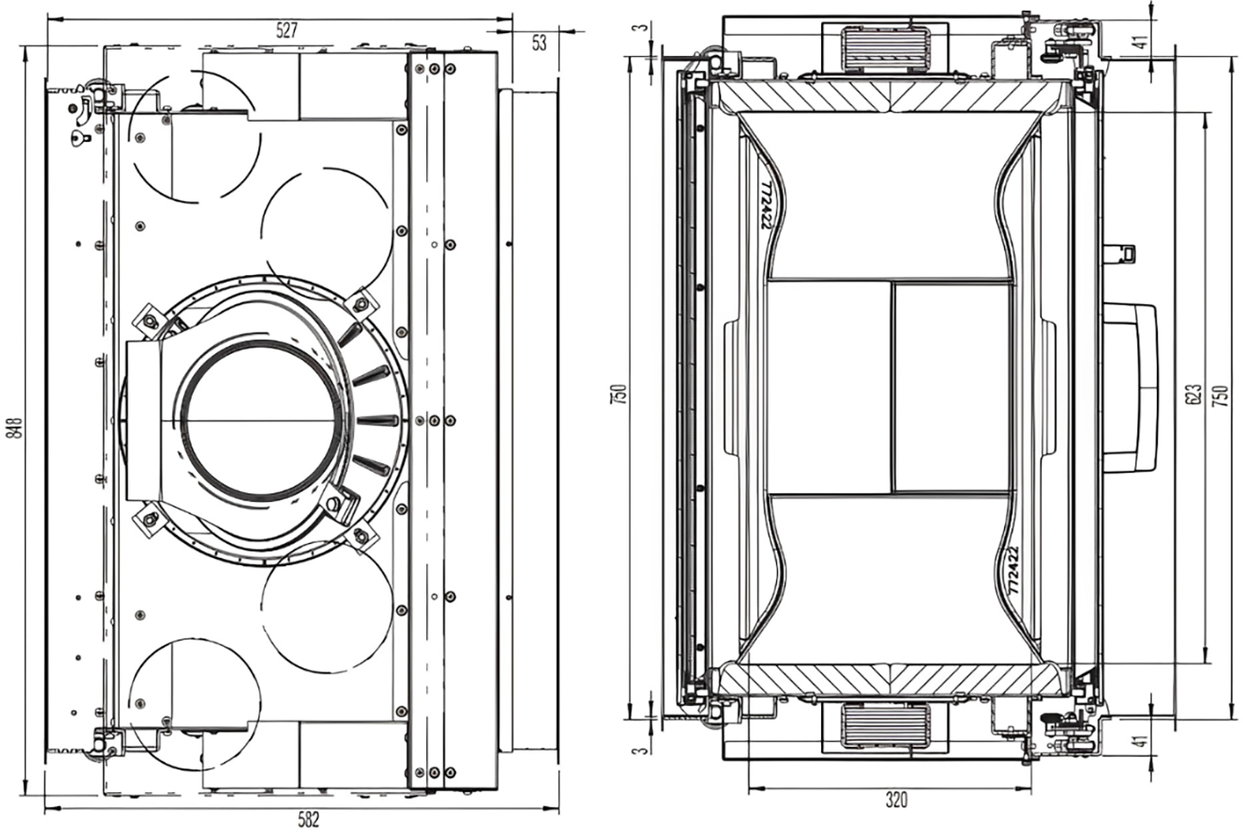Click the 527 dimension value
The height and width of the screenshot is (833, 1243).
[287, 30]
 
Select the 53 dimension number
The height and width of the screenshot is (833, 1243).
[539, 43]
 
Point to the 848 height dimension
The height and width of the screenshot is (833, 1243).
[16, 428]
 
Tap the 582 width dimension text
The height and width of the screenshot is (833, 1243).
[309, 820]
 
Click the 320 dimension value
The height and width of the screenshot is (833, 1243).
[896, 799]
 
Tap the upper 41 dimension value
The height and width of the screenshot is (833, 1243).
[1140, 42]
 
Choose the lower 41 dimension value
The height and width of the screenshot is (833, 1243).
[1140, 741]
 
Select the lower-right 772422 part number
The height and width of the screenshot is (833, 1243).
[1013, 570]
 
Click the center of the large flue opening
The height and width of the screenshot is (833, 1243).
[259, 420]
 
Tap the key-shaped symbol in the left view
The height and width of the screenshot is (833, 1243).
[81, 138]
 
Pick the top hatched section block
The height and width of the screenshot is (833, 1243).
[891, 96]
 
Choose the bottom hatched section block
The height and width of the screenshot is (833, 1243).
[891, 680]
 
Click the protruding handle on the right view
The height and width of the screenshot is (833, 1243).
[1132, 388]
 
